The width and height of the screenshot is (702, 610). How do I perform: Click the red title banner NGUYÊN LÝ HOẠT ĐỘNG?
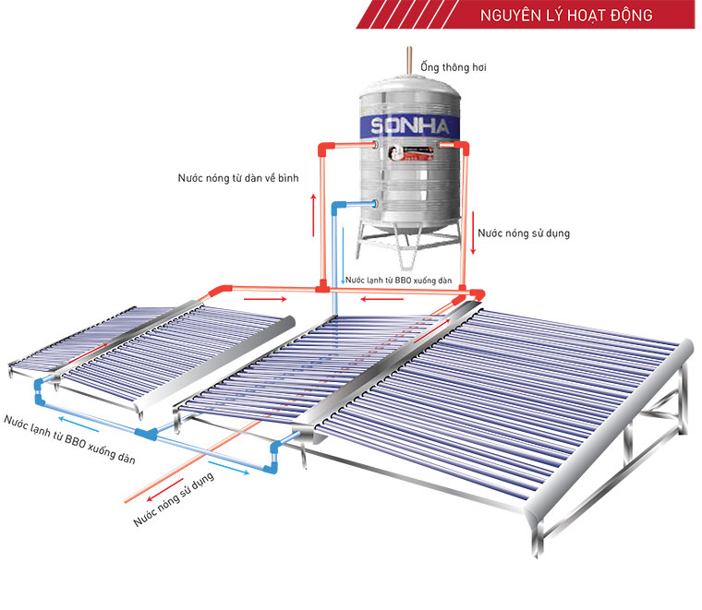(566, 16)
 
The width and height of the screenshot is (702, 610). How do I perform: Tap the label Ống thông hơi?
(454, 67)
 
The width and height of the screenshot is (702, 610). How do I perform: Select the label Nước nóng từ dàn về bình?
(244, 178)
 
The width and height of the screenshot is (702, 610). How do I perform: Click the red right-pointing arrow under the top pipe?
(264, 299)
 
